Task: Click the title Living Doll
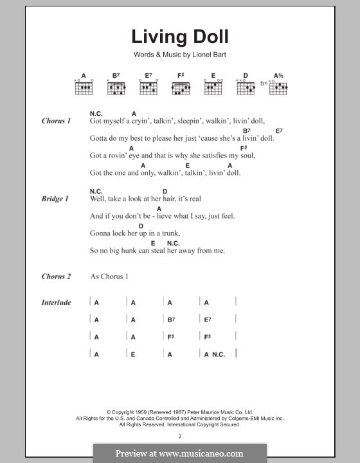[x=179, y=37]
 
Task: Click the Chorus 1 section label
[x=56, y=120]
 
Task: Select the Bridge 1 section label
[x=55, y=199]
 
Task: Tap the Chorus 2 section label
[x=56, y=277]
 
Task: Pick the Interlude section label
[x=56, y=302]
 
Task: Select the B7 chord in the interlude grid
[x=171, y=320]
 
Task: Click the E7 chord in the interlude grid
[x=208, y=320]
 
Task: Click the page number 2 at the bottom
[x=180, y=436]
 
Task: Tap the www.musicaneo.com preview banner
[x=180, y=453]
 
